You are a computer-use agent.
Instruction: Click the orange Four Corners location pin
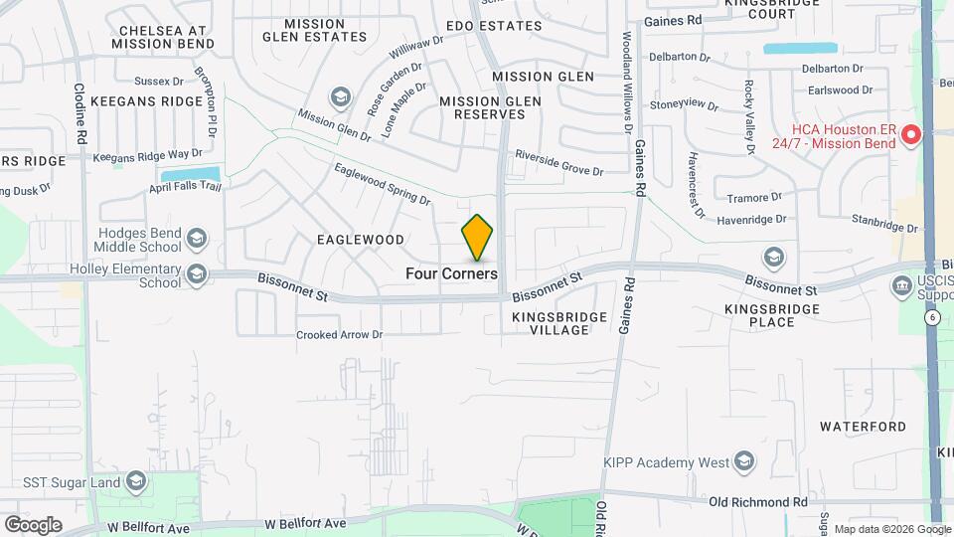pos(478,237)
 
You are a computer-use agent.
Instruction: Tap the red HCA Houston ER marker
pos(911,135)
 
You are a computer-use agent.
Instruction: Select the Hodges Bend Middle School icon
pos(197,238)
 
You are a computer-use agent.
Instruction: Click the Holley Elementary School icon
pos(197,273)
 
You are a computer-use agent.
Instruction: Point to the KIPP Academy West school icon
pos(744,461)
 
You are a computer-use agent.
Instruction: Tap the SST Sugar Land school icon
pos(136,483)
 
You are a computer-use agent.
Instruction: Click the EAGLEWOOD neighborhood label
pos(361,240)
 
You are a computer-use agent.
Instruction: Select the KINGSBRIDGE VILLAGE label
pos(551,323)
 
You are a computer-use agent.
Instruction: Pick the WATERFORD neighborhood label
pos(863,427)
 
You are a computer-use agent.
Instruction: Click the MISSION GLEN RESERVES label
pos(490,107)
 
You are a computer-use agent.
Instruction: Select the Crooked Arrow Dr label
pos(339,335)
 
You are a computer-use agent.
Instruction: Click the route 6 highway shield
pos(932,317)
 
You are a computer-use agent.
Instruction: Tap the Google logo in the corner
pos(33,525)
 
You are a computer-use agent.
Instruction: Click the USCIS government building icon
pos(902,286)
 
